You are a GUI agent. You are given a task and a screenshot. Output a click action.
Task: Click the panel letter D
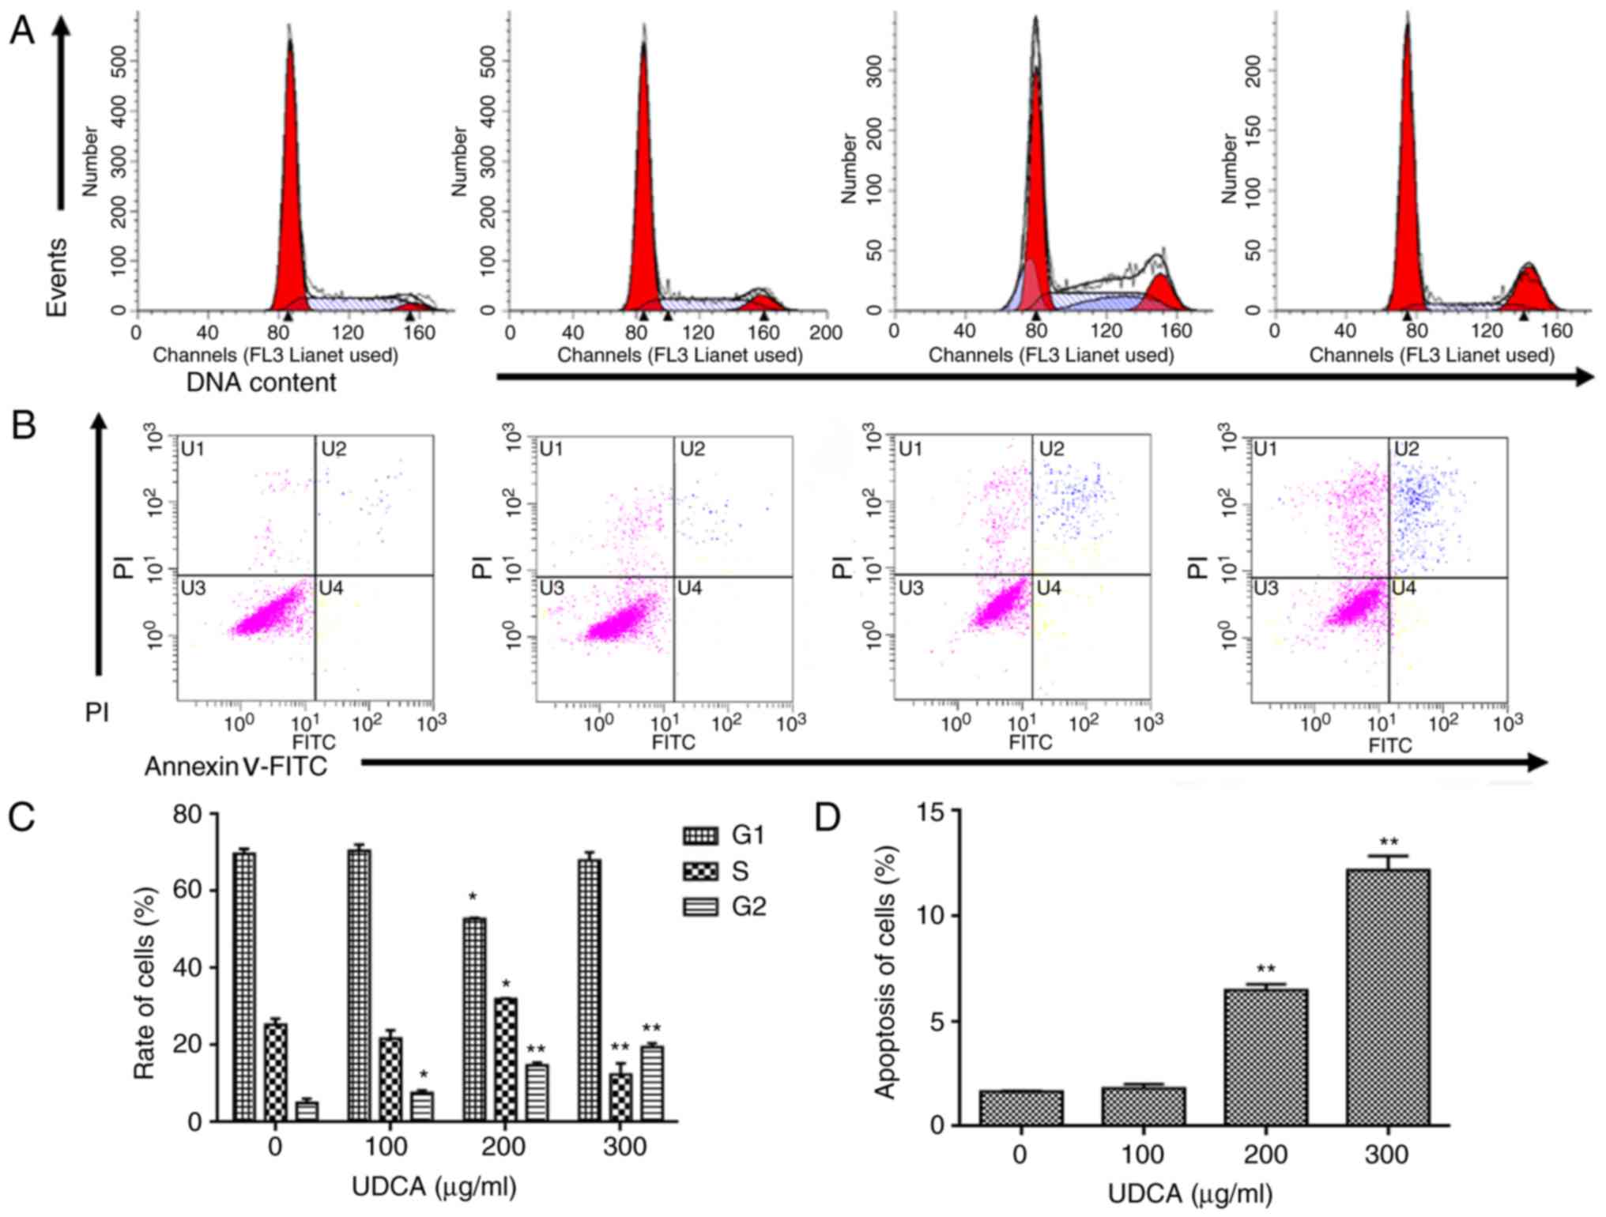pos(827,818)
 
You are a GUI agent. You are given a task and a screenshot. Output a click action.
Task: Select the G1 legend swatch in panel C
pos(699,835)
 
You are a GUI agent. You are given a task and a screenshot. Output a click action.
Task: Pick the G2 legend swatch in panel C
pos(699,906)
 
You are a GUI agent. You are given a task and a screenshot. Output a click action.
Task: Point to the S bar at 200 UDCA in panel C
pos(505,1059)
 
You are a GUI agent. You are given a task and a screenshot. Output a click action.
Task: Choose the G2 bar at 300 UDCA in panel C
pos(652,1083)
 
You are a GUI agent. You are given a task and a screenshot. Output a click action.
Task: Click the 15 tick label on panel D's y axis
pos(932,812)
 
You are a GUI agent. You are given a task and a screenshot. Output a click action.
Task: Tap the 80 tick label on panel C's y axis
pos(187,814)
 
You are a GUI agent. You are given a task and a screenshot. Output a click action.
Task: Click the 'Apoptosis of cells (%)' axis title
pos(885,972)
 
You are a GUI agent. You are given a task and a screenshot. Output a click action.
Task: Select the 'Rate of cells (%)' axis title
pos(144,984)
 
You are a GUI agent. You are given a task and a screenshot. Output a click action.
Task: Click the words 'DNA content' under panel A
pos(261,382)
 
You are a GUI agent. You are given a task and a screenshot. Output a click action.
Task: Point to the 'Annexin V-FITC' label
pos(236,766)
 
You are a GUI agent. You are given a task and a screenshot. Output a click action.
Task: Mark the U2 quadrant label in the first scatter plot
pos(333,450)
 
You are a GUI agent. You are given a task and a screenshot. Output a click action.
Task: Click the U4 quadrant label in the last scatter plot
pos(1404,588)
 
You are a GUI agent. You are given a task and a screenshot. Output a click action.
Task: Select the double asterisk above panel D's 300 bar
pos(1388,842)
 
